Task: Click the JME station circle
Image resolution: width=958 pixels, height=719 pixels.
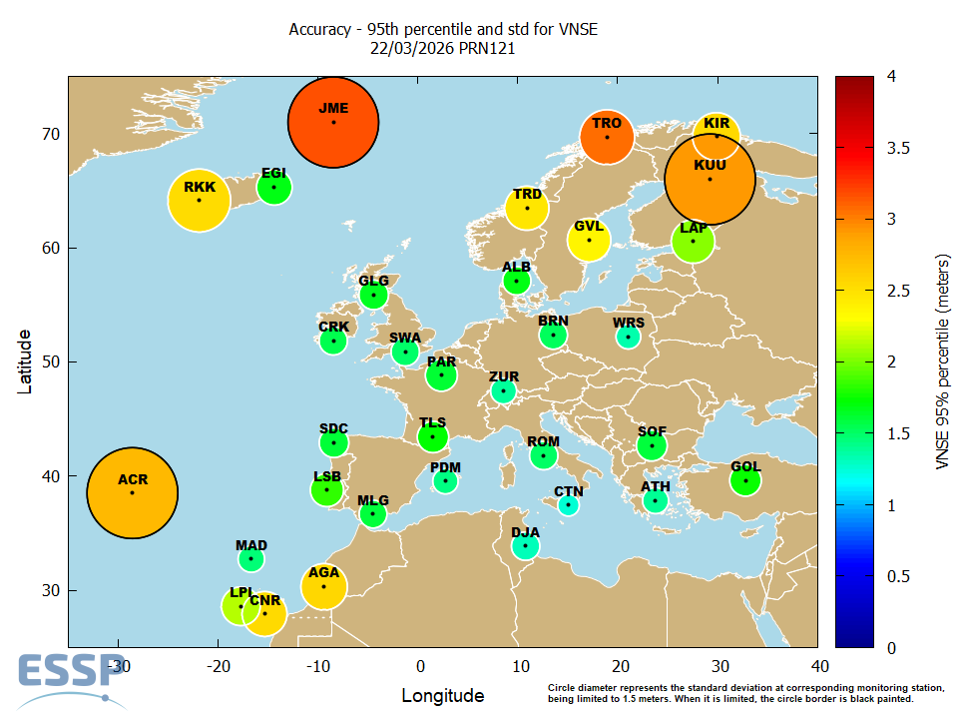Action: point(333,123)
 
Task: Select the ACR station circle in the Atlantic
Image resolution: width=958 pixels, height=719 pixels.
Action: point(132,492)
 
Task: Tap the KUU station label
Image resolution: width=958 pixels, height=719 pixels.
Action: point(710,165)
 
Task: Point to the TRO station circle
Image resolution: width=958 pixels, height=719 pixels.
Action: point(607,137)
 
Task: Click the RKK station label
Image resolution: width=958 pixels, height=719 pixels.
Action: point(200,187)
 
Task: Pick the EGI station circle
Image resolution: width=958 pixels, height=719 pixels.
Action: point(274,187)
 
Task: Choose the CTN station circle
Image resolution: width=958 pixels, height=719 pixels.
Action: point(568,505)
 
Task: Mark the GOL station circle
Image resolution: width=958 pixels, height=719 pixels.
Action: point(745,480)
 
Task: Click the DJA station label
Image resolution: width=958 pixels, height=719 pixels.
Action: point(525,532)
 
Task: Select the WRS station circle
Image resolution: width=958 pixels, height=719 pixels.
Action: point(628,338)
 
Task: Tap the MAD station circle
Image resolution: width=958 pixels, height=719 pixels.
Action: point(251,558)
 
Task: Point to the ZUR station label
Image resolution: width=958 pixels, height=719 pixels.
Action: point(504,376)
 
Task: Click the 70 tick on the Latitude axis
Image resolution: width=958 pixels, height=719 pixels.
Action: point(49,134)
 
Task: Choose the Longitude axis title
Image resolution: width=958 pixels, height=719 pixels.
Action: point(443,695)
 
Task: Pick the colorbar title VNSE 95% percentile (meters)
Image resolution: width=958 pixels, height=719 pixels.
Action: point(941,361)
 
